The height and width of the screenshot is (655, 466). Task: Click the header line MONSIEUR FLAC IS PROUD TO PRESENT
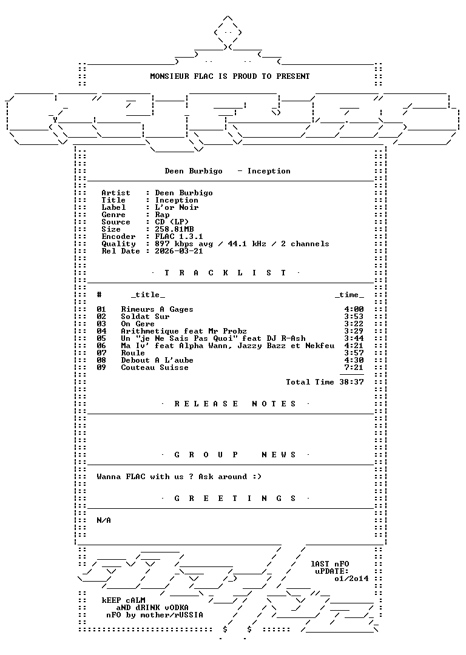[x=230, y=76]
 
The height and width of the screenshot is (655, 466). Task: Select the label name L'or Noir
[x=177, y=207]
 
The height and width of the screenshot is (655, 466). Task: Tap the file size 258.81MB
[x=174, y=229]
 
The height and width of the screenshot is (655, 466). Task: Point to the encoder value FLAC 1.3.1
[x=179, y=237]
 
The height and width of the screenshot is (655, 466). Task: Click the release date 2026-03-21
[x=179, y=251]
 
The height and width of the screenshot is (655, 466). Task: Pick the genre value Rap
[x=162, y=215]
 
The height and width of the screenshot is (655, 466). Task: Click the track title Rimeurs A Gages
[x=157, y=309]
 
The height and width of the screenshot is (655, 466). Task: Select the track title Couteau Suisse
[x=155, y=368]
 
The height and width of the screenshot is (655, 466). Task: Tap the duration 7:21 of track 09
[x=354, y=368]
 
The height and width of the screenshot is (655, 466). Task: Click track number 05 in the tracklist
[x=101, y=338]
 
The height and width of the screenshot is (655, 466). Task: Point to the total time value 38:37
[x=351, y=382]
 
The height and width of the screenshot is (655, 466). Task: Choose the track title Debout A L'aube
[x=157, y=360]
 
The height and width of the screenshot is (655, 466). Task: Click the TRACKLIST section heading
[x=226, y=273]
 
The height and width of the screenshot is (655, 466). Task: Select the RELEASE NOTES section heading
[x=235, y=404]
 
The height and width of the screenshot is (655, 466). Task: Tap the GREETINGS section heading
[x=235, y=499]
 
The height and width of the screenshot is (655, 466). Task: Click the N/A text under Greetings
[x=104, y=520]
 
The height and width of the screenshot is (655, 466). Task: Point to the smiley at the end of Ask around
[x=257, y=477]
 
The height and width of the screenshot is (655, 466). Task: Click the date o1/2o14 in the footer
[x=351, y=579]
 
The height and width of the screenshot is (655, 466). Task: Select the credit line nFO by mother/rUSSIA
[x=155, y=615]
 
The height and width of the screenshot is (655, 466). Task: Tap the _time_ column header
[x=349, y=295]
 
